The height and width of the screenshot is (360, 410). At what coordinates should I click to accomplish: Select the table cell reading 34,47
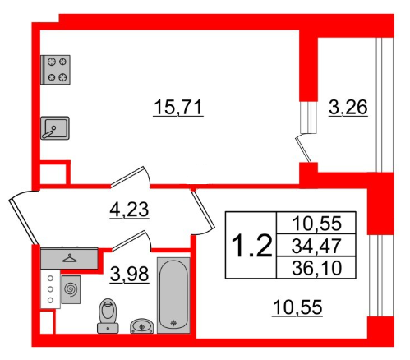click(316, 244)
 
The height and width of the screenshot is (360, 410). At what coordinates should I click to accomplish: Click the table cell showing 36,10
click(316, 266)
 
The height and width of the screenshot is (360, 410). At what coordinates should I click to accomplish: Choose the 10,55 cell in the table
click(316, 222)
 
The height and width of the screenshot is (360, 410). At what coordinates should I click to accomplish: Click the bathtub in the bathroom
click(173, 296)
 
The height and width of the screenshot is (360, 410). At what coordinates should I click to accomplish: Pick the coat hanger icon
click(70, 257)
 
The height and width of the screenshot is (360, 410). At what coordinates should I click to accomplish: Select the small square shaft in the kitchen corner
click(53, 174)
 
